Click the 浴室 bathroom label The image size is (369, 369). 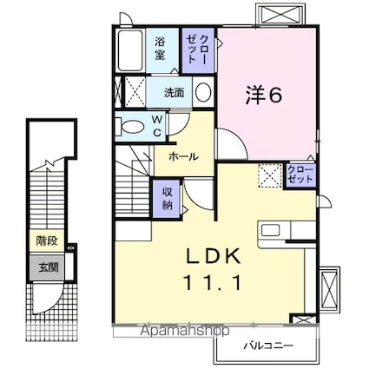[x=161, y=47]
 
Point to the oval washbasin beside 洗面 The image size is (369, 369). [x=202, y=92]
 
